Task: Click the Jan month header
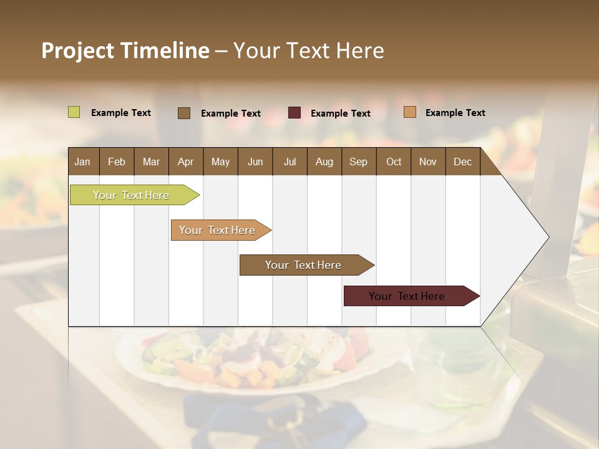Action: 82,162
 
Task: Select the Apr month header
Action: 186,162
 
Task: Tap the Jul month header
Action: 290,162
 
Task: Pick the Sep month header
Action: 358,162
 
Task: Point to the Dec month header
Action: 462,162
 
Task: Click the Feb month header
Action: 117,162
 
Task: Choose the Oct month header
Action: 394,162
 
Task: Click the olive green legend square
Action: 74,112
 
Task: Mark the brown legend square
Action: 184,113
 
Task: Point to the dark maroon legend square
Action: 295,113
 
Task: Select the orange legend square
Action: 410,112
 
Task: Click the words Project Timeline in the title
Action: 125,51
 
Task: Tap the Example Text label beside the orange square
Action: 455,113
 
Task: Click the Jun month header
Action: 255,162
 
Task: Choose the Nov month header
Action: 428,162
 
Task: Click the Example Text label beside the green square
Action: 121,113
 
